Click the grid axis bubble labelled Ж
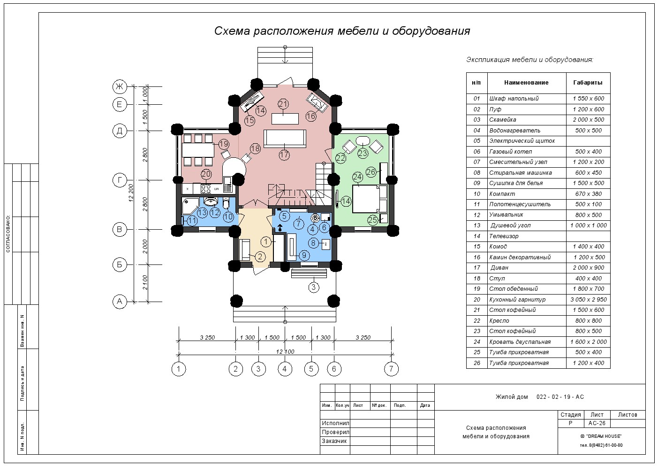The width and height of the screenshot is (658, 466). click(x=120, y=86)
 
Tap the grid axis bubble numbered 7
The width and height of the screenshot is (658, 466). click(x=391, y=369)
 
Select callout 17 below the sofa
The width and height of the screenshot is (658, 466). click(x=284, y=155)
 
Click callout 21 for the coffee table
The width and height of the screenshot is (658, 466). click(x=283, y=104)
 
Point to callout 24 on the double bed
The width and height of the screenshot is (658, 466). click(x=357, y=177)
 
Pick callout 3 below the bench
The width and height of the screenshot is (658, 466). click(x=314, y=287)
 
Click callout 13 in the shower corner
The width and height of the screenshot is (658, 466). click(x=202, y=212)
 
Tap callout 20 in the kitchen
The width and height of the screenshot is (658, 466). click(x=206, y=174)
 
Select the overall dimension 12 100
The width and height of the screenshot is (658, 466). click(x=285, y=351)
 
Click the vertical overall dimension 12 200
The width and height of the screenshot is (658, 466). click(x=131, y=193)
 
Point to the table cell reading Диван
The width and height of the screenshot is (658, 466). click(x=499, y=268)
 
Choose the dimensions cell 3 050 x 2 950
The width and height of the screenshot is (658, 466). click(x=589, y=300)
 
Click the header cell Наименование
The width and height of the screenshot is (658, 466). click(x=526, y=83)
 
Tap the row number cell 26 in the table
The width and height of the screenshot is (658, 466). click(x=477, y=363)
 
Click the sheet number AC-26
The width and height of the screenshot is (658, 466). click(x=597, y=423)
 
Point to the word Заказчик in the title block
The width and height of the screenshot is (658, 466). click(x=334, y=441)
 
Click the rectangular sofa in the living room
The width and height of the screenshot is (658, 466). click(x=285, y=139)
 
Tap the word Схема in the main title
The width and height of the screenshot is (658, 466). click(x=232, y=31)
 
